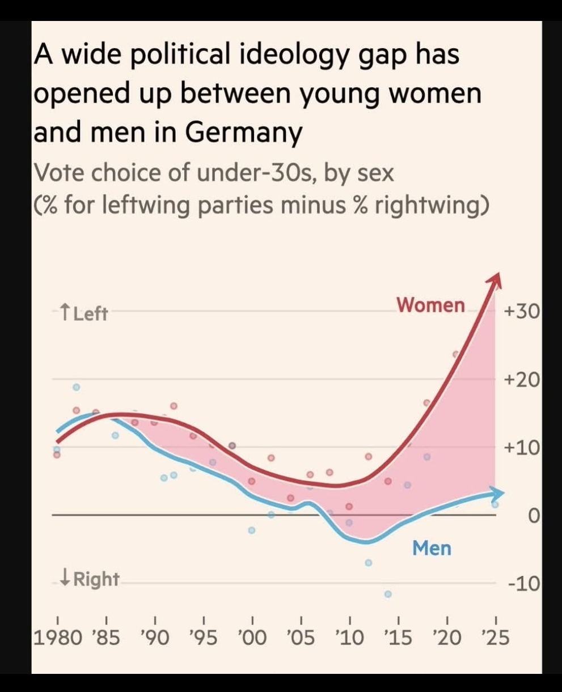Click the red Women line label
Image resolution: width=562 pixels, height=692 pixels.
pos(430,305)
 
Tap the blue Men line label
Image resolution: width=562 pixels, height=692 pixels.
pos(432,548)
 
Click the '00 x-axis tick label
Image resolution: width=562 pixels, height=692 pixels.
pos(252,638)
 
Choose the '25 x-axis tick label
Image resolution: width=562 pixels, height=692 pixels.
pos(495,638)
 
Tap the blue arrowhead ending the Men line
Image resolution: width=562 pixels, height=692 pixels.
pos(497,493)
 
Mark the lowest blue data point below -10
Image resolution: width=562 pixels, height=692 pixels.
pos(388,594)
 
